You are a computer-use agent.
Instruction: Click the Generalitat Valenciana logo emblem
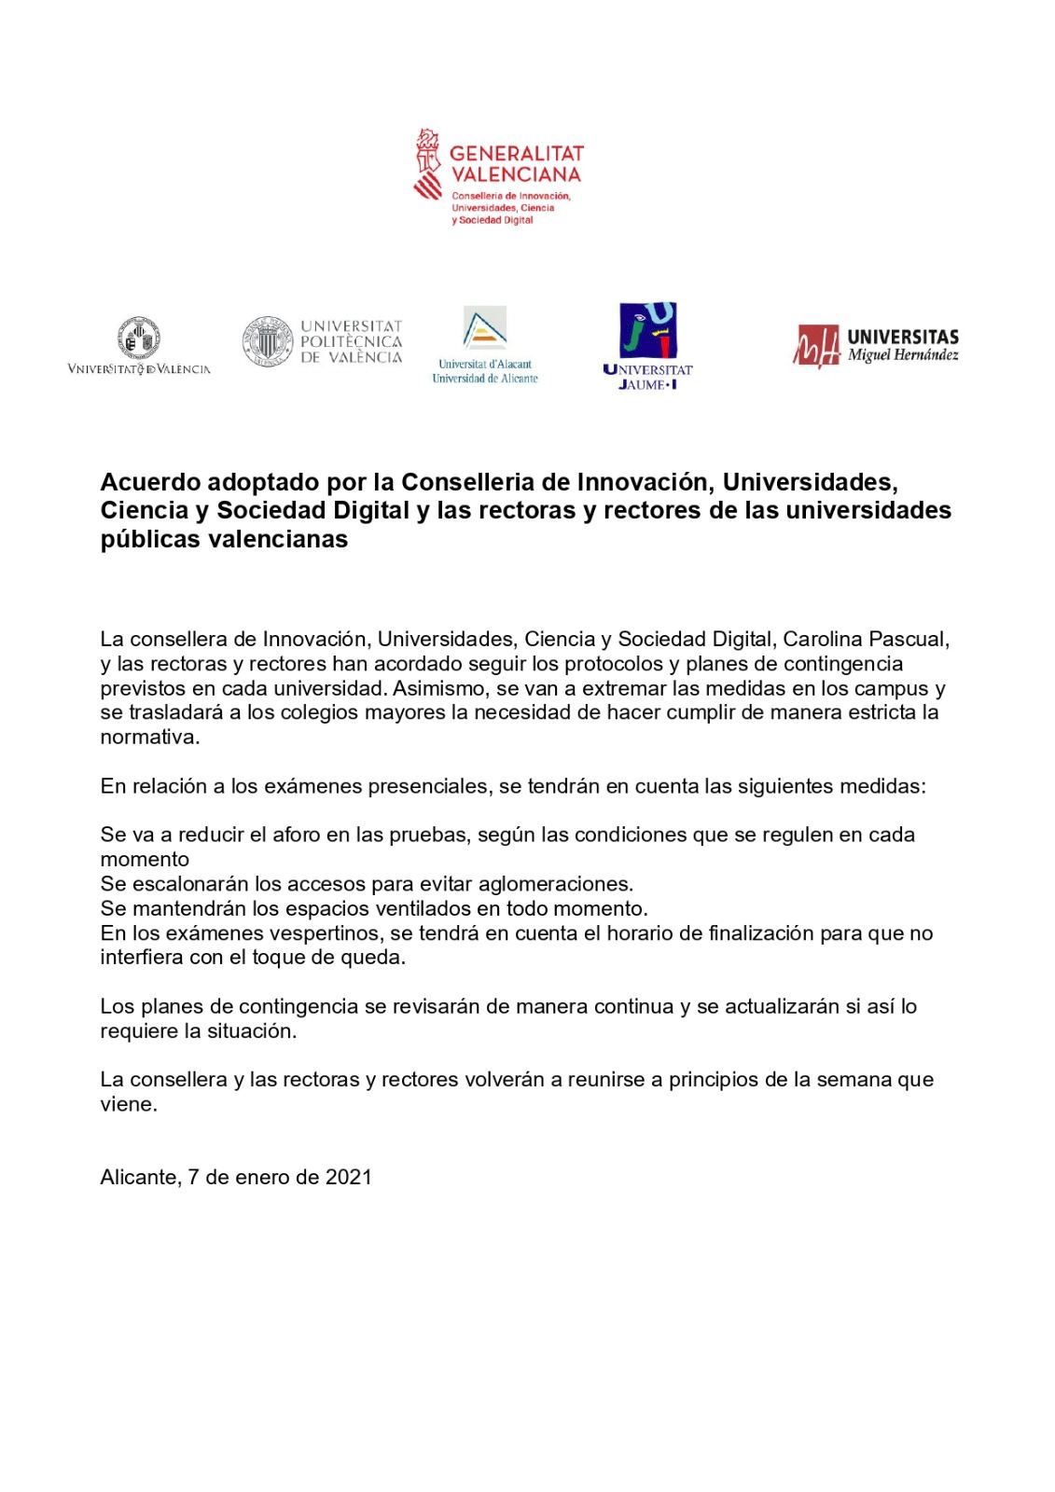[428, 164]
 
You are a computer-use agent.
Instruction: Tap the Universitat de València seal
[138, 338]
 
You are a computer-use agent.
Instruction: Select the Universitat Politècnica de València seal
[268, 340]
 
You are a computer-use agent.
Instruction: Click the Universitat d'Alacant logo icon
[485, 329]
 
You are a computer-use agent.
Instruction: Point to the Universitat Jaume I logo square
[647, 330]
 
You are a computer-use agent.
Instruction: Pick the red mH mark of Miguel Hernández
[817, 346]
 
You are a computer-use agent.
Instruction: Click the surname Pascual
[908, 640]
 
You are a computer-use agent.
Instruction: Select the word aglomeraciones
[555, 883]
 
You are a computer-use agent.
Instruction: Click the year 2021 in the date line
[348, 1177]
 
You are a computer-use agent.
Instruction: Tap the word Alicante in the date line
[139, 1177]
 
